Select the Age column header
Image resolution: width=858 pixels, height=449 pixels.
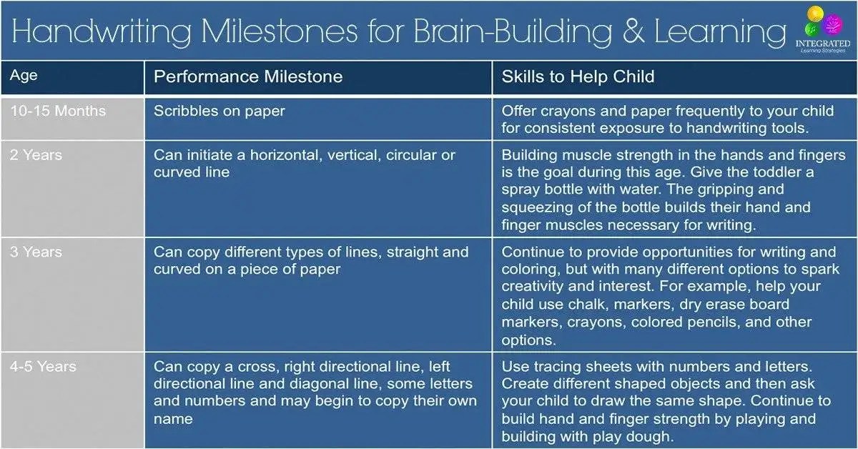(x=24, y=76)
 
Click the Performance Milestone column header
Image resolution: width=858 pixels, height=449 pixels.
(x=248, y=77)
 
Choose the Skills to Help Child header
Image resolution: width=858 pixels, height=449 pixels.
(x=578, y=77)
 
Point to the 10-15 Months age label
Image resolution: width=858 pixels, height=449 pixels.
(x=58, y=111)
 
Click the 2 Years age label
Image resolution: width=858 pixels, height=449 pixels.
(x=36, y=155)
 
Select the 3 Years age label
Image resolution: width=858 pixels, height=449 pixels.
(x=36, y=252)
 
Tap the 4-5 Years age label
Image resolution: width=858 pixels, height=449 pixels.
(x=43, y=367)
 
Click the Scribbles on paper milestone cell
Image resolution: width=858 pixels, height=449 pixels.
(x=219, y=111)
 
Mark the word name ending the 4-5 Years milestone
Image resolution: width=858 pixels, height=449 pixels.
(x=173, y=419)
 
